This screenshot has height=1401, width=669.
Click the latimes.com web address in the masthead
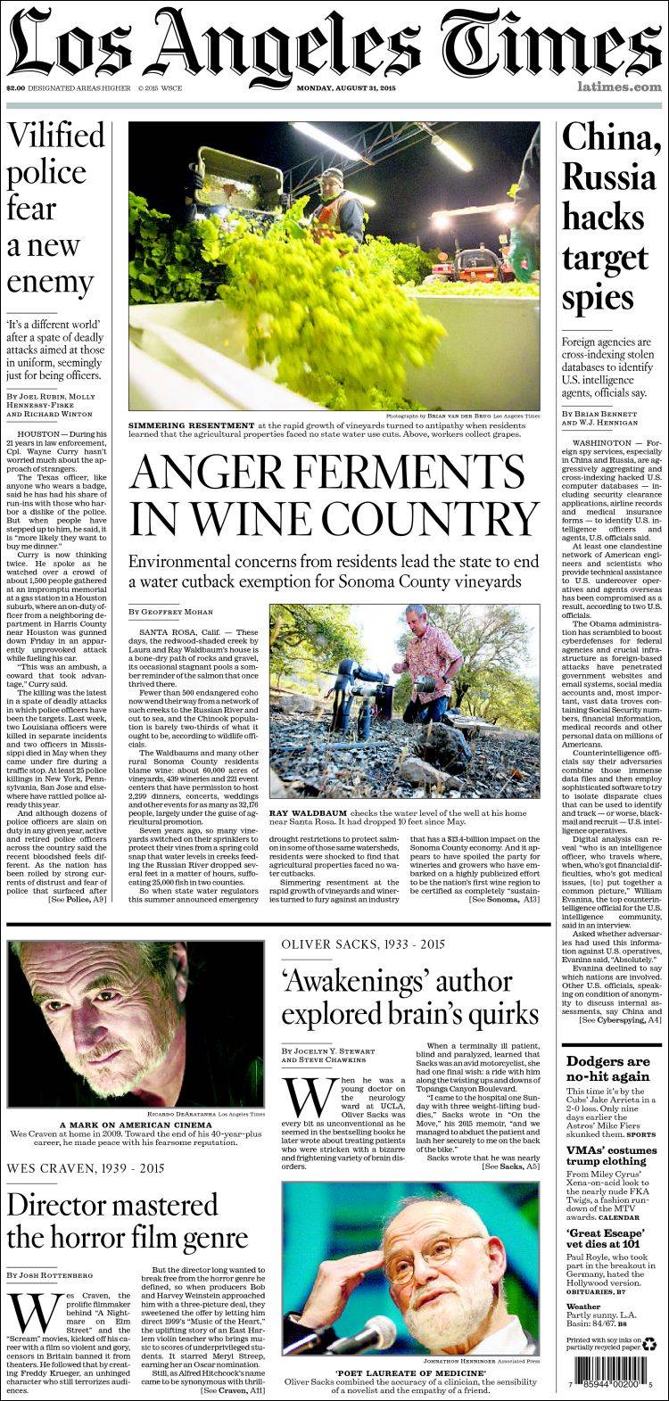point(619,87)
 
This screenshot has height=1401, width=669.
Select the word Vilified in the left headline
point(56,136)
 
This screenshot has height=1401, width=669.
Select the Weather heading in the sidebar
point(584,1306)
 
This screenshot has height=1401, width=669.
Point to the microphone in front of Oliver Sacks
point(362,1334)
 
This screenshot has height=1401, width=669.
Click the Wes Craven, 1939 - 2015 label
point(86,1167)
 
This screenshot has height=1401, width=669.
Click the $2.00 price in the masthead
point(15,87)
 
